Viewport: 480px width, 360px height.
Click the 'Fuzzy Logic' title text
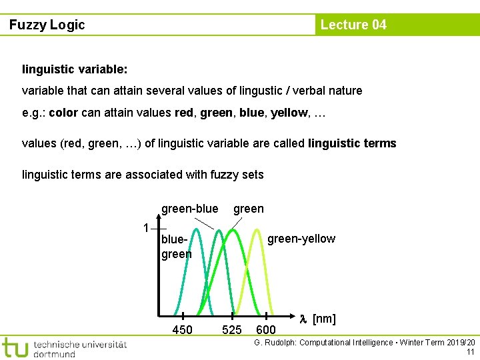pos(47,25)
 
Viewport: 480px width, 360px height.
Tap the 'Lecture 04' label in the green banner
pos(353,25)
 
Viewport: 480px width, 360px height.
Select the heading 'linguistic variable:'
pos(75,69)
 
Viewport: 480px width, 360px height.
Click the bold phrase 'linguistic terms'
pos(352,143)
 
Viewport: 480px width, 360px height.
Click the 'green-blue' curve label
pos(189,209)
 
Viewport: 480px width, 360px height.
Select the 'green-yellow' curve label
pos(301,239)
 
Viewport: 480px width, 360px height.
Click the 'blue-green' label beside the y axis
pos(176,246)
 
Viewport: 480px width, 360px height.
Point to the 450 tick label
pos(182,330)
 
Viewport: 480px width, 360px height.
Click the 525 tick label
pos(231,330)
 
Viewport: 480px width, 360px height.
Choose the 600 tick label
pos(266,330)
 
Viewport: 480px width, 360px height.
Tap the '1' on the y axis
pos(146,228)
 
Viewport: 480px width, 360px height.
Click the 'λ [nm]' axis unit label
pos(317,319)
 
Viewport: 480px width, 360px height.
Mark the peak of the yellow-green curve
pos(259,230)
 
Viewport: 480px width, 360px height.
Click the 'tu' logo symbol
pos(15,348)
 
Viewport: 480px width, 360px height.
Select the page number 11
pos(471,352)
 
